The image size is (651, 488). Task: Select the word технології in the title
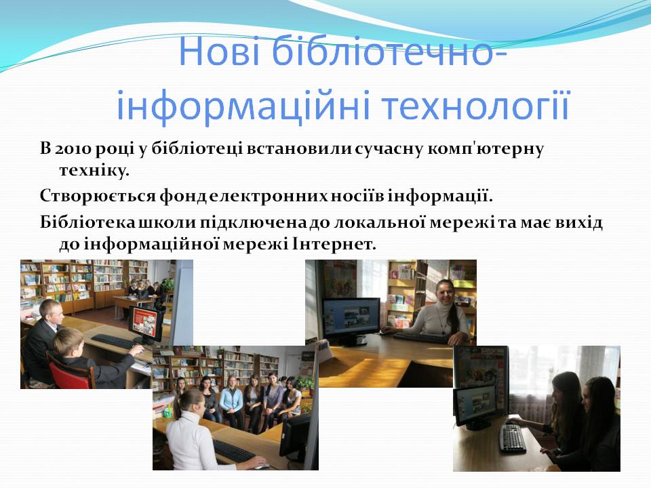(x=475, y=106)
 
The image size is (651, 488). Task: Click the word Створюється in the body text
(x=98, y=196)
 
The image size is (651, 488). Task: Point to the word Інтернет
(x=334, y=244)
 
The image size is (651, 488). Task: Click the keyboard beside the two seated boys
(x=113, y=342)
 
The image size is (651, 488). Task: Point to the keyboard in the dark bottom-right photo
(x=513, y=438)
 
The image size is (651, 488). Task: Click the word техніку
(x=94, y=171)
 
